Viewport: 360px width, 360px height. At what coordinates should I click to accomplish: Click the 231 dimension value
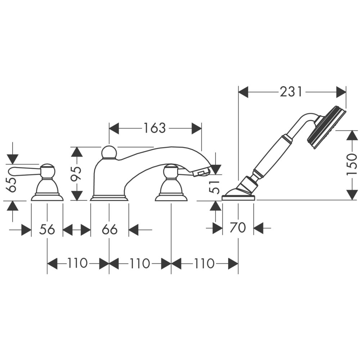coord(291,92)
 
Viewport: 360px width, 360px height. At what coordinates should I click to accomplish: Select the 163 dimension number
coord(154,128)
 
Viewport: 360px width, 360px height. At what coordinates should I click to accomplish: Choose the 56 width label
coord(47,229)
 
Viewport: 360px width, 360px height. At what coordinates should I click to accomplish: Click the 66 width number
coord(110,229)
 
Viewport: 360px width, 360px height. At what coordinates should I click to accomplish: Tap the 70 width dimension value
coord(238,228)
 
